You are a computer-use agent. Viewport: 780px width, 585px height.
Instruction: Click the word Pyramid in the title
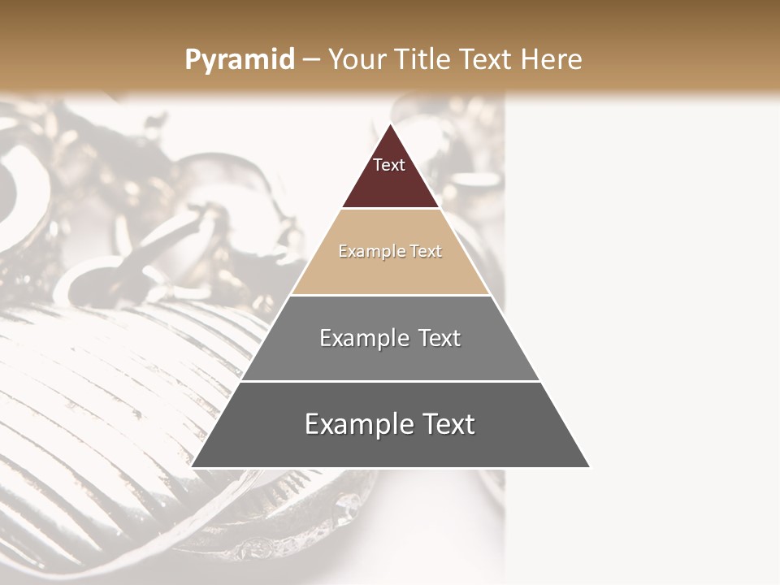239,60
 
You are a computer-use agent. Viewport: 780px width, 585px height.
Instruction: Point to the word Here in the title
551,60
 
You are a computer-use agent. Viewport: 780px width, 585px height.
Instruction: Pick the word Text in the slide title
487,60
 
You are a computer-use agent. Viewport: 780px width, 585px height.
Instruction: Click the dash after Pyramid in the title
311,60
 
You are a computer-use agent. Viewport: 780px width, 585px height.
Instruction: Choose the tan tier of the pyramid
390,268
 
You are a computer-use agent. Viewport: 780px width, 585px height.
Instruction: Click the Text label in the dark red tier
389,165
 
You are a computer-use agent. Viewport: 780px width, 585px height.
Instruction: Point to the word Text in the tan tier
427,251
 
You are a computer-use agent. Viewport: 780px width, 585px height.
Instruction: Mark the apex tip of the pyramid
391,124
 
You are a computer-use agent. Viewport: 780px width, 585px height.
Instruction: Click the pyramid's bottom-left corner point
192,467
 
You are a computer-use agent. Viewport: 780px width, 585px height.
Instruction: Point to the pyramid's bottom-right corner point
590,467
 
